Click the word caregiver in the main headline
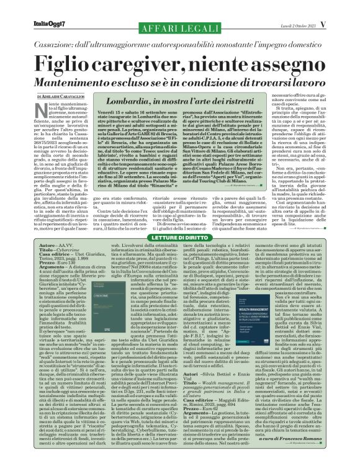point(149,63)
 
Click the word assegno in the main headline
point(289,63)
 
